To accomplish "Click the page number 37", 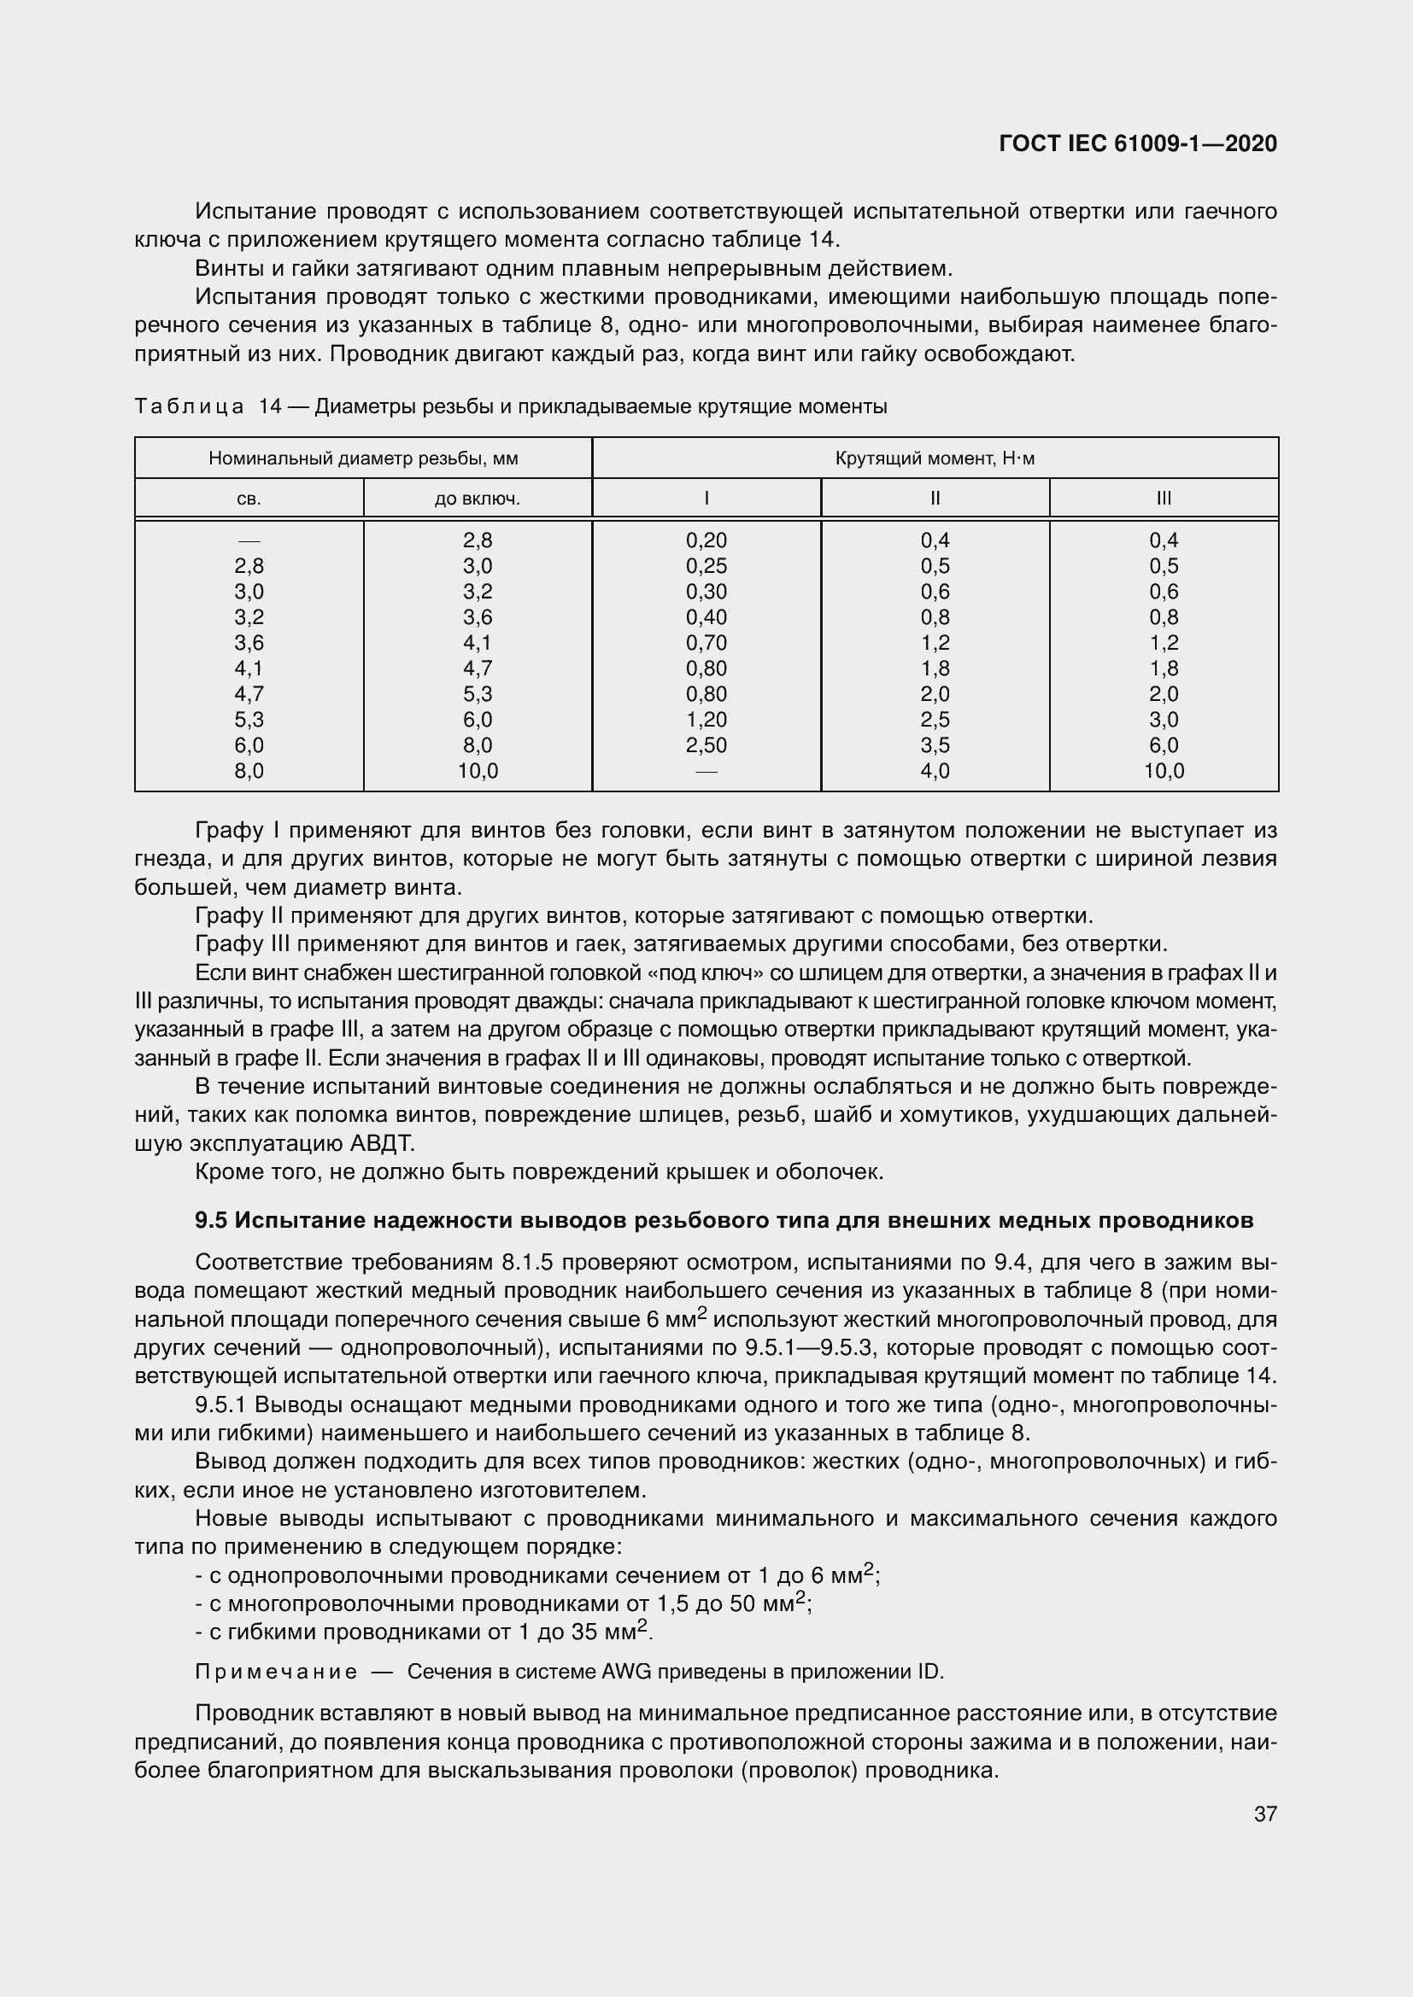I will (x=1265, y=1813).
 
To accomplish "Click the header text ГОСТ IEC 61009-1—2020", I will (x=1137, y=143).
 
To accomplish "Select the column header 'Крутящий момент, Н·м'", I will (x=935, y=458).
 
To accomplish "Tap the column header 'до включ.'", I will (x=477, y=499).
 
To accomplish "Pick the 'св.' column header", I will (x=249, y=499).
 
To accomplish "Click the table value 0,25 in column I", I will (x=706, y=566).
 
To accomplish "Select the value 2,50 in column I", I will (x=706, y=745).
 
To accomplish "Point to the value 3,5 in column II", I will (x=935, y=745).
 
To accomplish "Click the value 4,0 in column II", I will (x=935, y=772).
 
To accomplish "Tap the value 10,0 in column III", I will (x=1164, y=772).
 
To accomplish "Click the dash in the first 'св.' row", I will (x=249, y=541).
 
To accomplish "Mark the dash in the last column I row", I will (x=706, y=772).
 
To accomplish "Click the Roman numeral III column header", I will (x=1164, y=499).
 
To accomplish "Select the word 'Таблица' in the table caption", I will (x=190, y=407).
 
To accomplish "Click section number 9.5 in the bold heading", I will (x=211, y=1221).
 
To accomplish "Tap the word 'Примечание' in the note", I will (x=276, y=1672).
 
